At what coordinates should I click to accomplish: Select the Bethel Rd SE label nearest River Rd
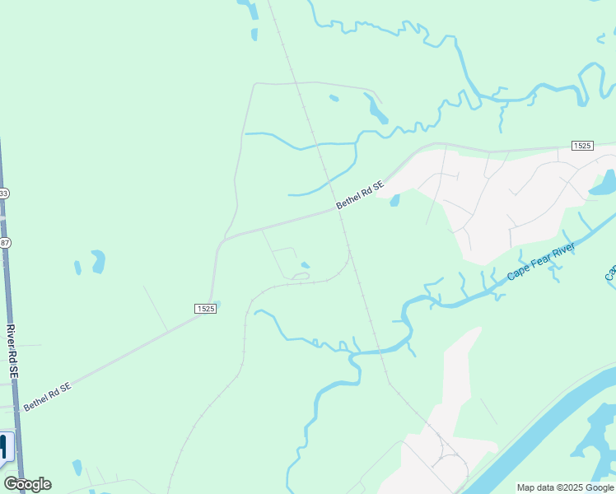point(47,396)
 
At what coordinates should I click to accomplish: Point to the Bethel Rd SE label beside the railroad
point(361,195)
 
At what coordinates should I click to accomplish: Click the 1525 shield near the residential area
point(582,146)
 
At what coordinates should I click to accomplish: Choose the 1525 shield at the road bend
point(206,309)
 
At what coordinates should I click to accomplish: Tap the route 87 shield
point(5,242)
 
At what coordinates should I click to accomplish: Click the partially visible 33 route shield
point(4,193)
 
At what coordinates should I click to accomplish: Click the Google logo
point(27,484)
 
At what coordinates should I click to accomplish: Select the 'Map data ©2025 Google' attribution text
point(564,487)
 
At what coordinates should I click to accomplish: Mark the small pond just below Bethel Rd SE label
point(394,200)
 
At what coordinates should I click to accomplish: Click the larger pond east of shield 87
point(98,261)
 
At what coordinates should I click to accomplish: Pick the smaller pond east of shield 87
point(78,268)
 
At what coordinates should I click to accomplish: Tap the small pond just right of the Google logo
point(77,467)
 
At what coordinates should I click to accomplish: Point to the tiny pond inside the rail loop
point(306,265)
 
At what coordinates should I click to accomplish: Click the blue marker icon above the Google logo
point(6,447)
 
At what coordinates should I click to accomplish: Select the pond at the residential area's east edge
point(603,183)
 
